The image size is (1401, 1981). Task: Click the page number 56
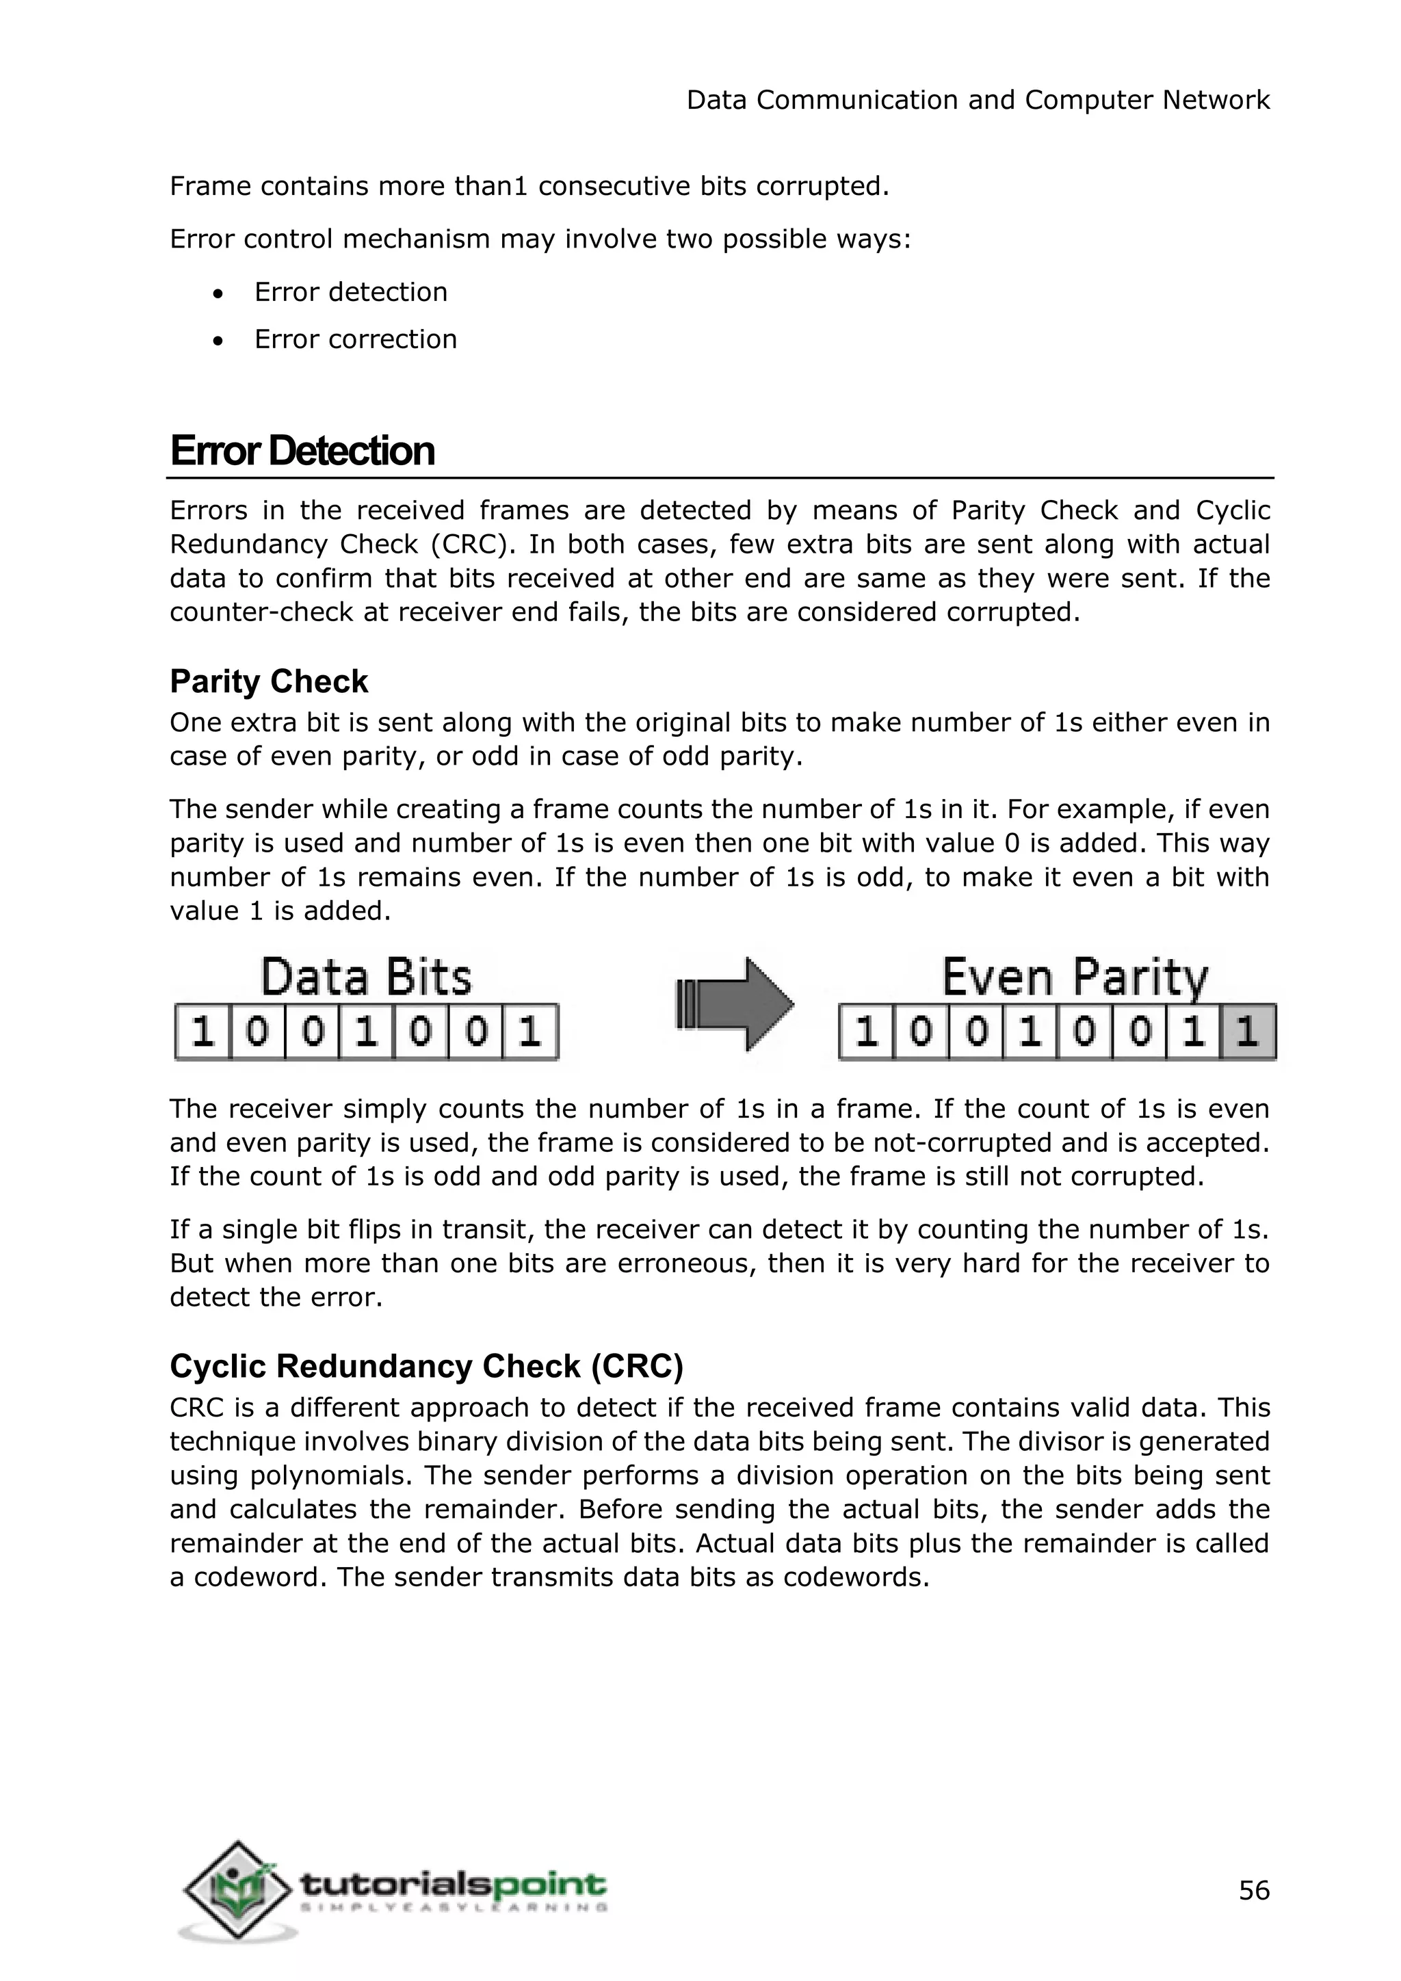pos(1253,1891)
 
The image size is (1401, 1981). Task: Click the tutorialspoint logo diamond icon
pos(237,1891)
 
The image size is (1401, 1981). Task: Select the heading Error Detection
pos(302,451)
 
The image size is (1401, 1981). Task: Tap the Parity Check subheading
pos(268,681)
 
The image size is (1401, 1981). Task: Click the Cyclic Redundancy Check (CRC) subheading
pos(426,1367)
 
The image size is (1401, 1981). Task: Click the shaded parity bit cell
pos(1248,1032)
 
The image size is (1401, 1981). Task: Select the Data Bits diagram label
pos(366,978)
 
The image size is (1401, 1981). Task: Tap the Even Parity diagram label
pos(1074,978)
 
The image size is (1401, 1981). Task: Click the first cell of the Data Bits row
pos(202,1032)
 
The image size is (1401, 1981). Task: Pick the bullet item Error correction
pos(356,339)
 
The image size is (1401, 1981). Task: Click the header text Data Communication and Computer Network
pos(978,100)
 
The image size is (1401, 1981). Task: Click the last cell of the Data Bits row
pos(529,1032)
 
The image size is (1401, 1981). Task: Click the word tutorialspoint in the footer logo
pos(452,1882)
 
